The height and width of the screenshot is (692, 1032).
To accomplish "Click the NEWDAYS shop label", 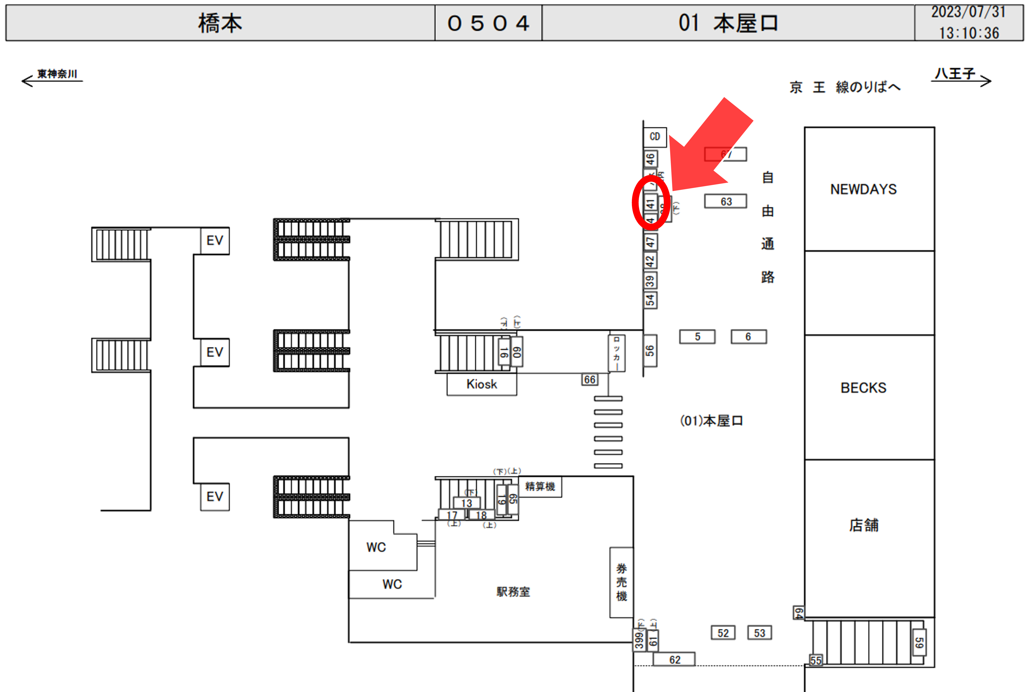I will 863,189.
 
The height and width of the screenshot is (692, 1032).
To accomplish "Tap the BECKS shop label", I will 863,388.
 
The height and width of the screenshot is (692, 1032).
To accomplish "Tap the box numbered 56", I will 649,351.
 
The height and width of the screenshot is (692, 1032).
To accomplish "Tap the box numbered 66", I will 589,379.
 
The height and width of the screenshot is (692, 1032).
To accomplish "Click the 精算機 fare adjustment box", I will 540,486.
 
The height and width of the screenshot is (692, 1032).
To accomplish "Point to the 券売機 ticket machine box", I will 621,582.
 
